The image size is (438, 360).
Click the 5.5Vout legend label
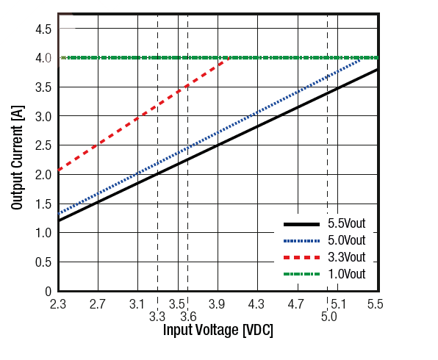coord(345,223)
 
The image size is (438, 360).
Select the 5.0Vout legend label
coord(345,240)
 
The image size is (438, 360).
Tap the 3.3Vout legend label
coord(345,257)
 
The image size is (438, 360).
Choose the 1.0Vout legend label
coord(345,274)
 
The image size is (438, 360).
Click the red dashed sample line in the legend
coord(301,257)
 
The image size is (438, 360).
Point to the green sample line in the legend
coord(301,274)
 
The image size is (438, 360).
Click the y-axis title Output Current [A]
coord(17,156)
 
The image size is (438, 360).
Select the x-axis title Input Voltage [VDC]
coord(218,330)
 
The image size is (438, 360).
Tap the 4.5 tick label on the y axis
coord(43,29)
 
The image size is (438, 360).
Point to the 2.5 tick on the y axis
coord(43,145)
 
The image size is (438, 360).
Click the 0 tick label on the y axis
coord(48,291)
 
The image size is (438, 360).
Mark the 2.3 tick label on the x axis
coord(58,303)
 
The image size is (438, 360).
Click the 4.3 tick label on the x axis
coord(256,303)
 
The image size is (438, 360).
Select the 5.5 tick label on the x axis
coord(375,303)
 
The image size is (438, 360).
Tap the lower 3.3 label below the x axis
coord(157,317)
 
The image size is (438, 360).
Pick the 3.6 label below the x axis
coord(187,317)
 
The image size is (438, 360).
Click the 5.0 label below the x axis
coord(328,317)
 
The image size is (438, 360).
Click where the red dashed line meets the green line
coord(229,57)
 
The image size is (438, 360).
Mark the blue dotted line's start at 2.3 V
coord(59,214)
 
